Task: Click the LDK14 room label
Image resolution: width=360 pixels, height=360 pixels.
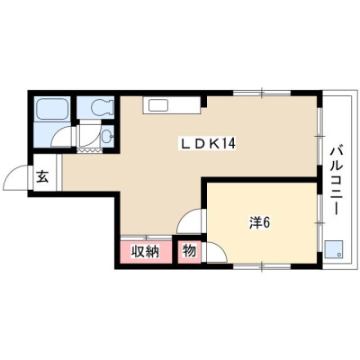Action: coord(208,144)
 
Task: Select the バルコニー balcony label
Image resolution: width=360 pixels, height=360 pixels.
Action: coord(337,181)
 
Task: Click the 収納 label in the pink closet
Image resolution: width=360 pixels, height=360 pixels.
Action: coord(145,251)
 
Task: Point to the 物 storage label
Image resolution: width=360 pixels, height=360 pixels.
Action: coord(189,250)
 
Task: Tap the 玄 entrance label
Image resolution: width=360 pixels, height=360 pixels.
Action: coord(42,176)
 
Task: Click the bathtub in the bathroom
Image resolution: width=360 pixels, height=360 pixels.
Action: coord(52,108)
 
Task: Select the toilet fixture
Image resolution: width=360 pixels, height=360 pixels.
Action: coord(102,106)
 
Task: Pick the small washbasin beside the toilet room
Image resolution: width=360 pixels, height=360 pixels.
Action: coord(107,137)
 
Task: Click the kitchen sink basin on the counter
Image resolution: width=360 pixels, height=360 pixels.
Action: coord(158,105)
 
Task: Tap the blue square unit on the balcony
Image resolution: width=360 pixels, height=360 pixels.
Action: coord(334,249)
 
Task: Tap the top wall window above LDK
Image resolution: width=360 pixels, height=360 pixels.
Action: coord(262,93)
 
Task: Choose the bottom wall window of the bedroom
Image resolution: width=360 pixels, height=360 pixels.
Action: coord(262,266)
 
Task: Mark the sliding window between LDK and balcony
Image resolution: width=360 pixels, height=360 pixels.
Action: coord(320,136)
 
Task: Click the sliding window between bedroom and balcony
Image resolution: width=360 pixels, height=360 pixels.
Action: coord(320,223)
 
